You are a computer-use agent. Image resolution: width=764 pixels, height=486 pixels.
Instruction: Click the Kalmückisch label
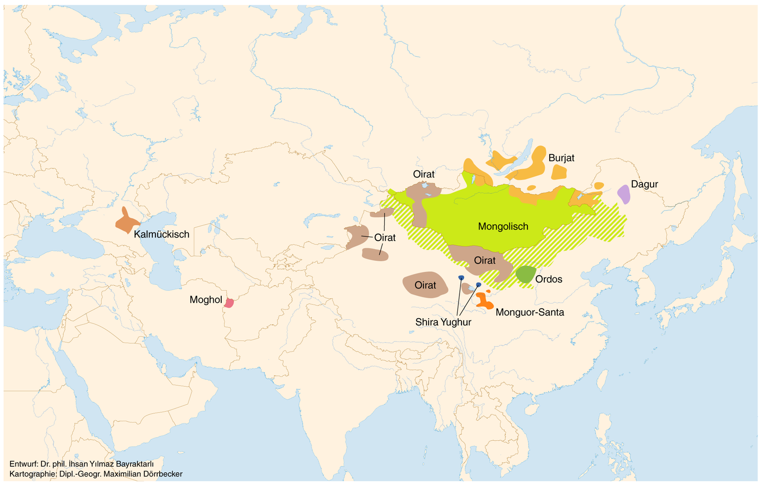pyautogui.click(x=161, y=234)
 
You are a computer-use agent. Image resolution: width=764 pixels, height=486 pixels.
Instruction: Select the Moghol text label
pyautogui.click(x=205, y=300)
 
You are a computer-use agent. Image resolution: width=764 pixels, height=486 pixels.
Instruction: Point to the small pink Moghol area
pyautogui.click(x=229, y=303)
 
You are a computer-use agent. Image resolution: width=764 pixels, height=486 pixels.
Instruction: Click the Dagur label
pyautogui.click(x=644, y=184)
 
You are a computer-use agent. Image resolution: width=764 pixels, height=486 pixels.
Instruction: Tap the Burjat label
pyautogui.click(x=561, y=158)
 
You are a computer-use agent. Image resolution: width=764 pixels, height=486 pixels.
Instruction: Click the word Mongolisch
pyautogui.click(x=503, y=227)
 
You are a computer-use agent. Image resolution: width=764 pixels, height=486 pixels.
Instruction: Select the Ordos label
pyautogui.click(x=549, y=279)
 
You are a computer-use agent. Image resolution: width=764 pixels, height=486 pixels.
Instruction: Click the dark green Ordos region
pyautogui.click(x=526, y=274)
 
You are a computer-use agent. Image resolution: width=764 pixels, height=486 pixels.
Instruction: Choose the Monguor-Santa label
pyautogui.click(x=529, y=312)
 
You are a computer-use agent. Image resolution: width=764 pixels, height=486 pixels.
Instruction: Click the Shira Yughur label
pyautogui.click(x=443, y=322)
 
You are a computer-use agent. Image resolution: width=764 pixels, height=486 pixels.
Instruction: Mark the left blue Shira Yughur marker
pyautogui.click(x=461, y=278)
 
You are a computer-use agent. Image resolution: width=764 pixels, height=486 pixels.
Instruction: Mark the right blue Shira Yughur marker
pyautogui.click(x=479, y=285)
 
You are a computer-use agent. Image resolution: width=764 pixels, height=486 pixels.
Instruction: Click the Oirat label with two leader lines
pyautogui.click(x=385, y=237)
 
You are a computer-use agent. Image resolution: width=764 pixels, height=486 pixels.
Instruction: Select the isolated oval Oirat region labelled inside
pyautogui.click(x=425, y=285)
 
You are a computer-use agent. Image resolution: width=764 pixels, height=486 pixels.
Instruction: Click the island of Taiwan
pyautogui.click(x=602, y=381)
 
